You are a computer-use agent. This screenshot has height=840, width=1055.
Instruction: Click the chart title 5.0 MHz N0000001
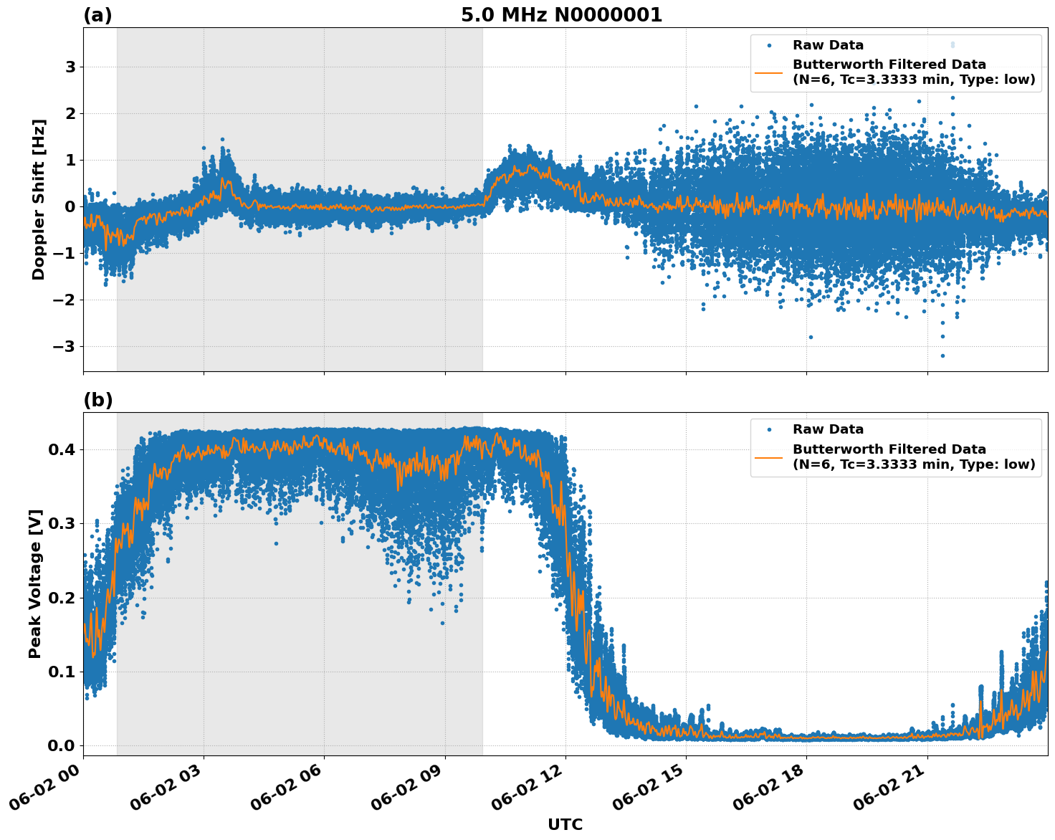point(561,15)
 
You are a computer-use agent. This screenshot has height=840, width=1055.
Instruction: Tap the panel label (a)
point(97,15)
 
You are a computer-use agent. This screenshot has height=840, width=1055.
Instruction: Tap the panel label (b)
point(98,400)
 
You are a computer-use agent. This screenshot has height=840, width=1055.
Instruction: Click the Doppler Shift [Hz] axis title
point(39,199)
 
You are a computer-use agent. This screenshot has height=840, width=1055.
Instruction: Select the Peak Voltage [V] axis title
point(35,583)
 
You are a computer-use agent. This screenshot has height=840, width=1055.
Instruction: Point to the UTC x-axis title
point(565,824)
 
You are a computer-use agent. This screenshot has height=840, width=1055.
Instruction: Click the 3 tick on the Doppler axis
point(71,67)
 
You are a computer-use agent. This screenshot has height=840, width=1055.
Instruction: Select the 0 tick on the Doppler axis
point(71,206)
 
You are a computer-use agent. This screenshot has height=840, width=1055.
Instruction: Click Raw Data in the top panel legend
point(828,45)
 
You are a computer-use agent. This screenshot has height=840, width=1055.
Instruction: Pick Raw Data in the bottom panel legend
point(828,429)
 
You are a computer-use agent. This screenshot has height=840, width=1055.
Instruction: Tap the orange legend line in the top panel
point(768,72)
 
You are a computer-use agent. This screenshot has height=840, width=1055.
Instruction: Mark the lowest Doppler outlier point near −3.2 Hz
point(942,355)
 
